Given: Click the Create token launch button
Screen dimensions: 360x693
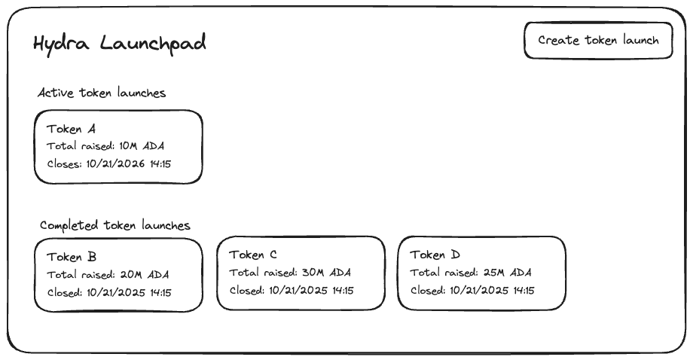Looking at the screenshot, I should tap(598, 41).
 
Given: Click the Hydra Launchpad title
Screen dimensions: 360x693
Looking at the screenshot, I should tap(120, 44).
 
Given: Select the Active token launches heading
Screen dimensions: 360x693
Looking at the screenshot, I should tap(102, 93).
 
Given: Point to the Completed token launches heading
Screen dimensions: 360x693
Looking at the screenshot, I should tap(115, 225).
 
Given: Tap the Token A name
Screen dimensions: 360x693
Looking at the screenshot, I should tap(72, 129).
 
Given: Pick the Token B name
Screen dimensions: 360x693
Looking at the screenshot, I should tap(72, 257).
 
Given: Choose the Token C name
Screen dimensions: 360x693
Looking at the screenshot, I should tap(253, 255).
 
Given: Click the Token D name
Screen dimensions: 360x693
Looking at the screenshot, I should tap(435, 255).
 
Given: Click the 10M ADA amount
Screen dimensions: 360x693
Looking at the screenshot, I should tap(142, 146).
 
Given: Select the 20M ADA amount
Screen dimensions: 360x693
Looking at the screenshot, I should tap(145, 275).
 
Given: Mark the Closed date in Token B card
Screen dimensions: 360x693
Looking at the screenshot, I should tap(129, 292).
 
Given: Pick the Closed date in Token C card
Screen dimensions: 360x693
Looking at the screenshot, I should tap(311, 290).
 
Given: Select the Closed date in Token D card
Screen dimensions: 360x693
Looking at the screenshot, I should tap(492, 290).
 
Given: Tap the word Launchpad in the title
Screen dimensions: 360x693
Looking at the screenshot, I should tap(150, 44).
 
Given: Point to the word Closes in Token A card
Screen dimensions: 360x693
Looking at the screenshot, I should tap(63, 163).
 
